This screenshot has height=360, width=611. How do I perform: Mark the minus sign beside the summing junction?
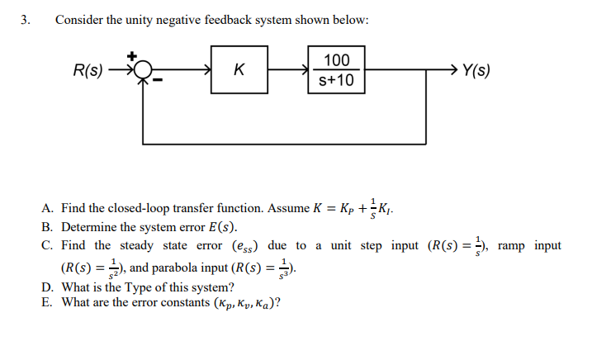point(164,82)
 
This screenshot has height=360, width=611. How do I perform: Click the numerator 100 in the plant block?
point(337,60)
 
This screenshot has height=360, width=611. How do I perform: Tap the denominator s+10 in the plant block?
point(337,81)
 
